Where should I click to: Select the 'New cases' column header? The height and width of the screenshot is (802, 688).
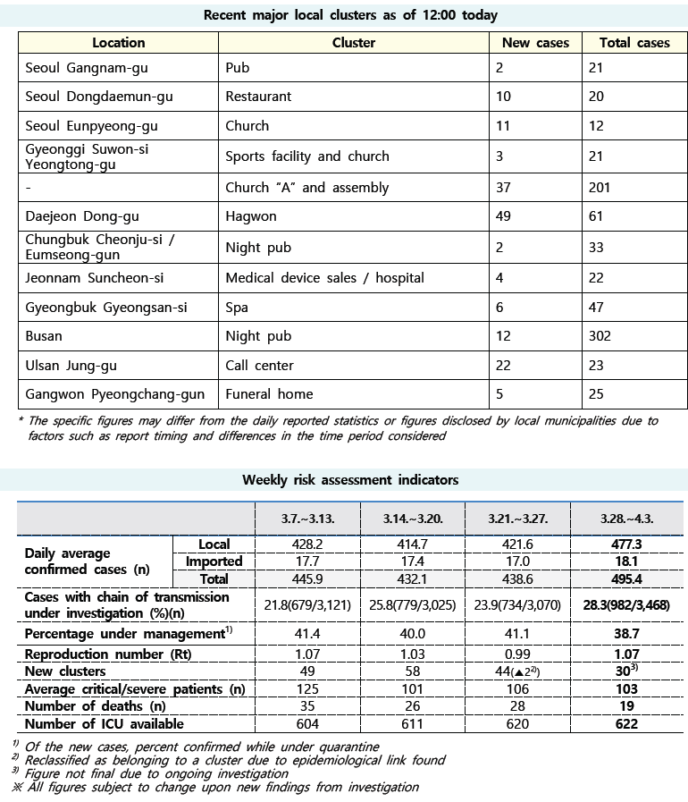[x=533, y=43]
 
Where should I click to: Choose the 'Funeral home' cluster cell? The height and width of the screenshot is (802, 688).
[x=269, y=394]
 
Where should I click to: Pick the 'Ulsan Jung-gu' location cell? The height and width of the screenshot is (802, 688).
[x=71, y=366]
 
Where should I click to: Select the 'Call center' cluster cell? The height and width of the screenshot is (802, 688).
[x=259, y=366]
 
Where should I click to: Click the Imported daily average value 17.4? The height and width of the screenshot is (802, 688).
[x=412, y=561]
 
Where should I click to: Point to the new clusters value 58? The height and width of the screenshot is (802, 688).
[x=412, y=671]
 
